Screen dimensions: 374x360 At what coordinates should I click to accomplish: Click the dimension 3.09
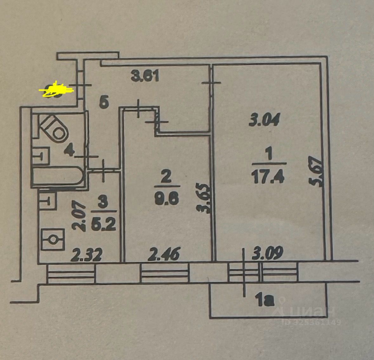[x=268, y=253]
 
